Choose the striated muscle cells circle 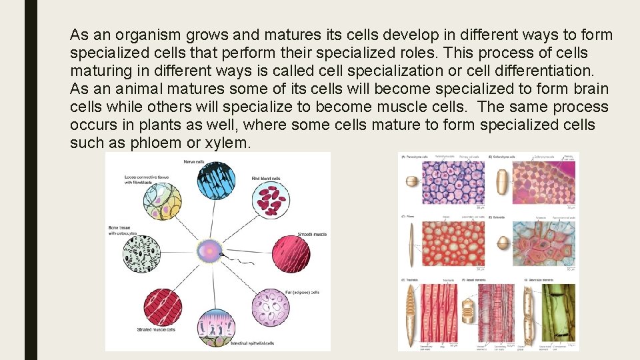click(161, 307)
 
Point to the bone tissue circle click(142, 253)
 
